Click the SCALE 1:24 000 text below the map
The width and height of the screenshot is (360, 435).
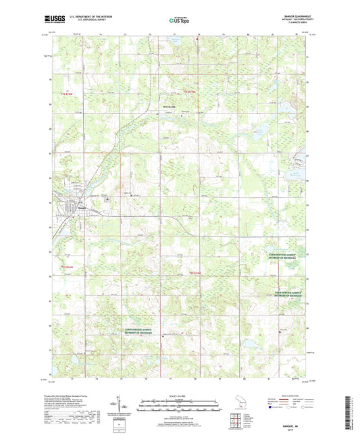[x=180, y=396]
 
